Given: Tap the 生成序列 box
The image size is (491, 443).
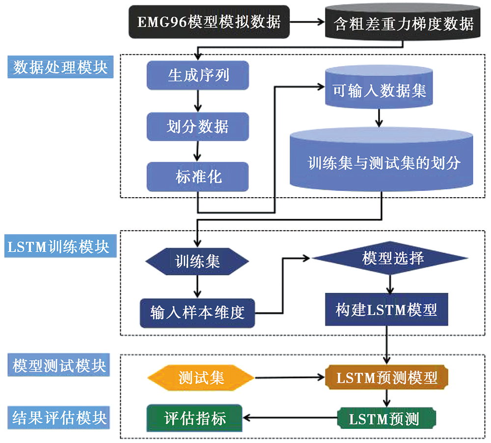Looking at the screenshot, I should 198,76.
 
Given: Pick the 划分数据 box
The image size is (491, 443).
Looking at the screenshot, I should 198,127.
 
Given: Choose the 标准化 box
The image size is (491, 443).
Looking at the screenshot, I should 198,176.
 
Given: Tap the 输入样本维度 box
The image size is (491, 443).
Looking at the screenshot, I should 197,312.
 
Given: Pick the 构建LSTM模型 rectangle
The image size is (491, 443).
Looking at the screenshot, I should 386,310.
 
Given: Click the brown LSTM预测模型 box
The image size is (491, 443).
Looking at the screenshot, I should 387,377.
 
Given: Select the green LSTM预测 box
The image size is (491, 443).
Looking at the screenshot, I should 387,418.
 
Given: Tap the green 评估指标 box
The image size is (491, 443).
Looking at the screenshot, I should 194,418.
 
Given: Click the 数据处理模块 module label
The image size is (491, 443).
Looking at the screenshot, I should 60,67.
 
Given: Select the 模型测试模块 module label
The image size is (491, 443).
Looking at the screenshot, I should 60,366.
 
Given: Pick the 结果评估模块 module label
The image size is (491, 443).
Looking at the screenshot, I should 60,417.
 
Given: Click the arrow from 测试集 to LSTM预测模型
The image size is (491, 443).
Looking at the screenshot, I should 290,378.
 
